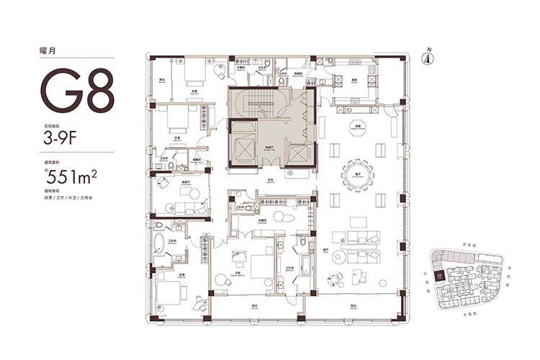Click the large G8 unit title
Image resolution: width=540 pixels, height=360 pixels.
click(77, 92)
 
